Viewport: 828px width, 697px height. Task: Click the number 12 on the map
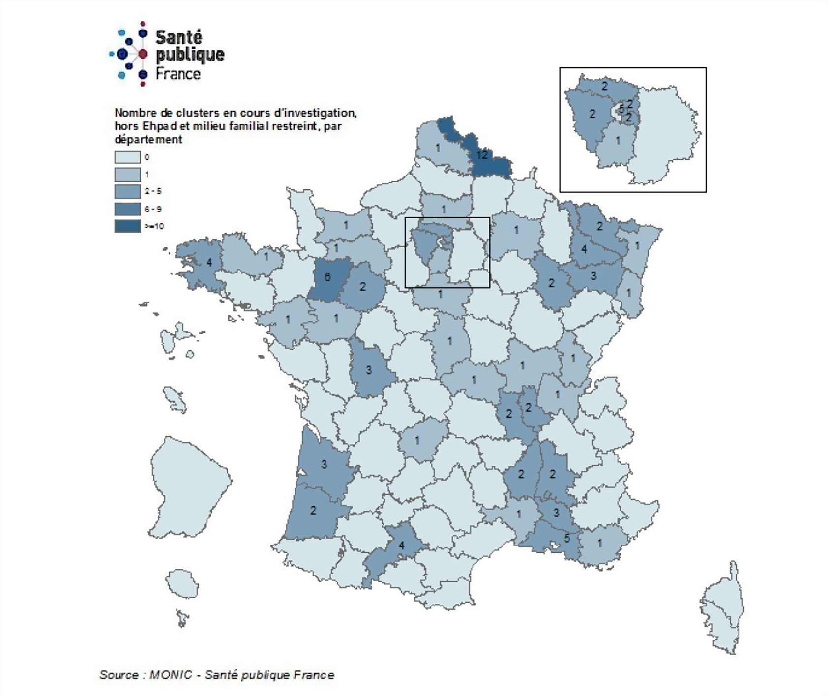tap(482, 155)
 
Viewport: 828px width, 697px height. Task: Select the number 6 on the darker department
tap(327, 277)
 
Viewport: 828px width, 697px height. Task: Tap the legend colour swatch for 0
tap(127, 157)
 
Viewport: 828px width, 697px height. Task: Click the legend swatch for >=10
tap(127, 226)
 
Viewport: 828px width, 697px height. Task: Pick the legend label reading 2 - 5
tap(153, 191)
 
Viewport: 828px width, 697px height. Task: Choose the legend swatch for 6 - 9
tap(127, 209)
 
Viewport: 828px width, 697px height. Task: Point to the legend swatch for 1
tap(127, 175)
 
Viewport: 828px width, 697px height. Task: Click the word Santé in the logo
tap(179, 37)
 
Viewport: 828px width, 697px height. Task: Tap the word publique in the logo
tap(190, 55)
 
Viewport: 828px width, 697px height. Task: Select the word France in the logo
tap(178, 74)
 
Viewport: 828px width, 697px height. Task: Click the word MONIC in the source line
tap(171, 675)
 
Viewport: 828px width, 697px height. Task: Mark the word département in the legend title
tap(148, 140)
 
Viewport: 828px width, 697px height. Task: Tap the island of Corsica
tap(723, 607)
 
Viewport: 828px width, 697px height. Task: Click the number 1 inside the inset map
tap(618, 141)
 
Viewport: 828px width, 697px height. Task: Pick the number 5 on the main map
tap(567, 538)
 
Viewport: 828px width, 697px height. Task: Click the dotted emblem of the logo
tap(129, 54)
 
